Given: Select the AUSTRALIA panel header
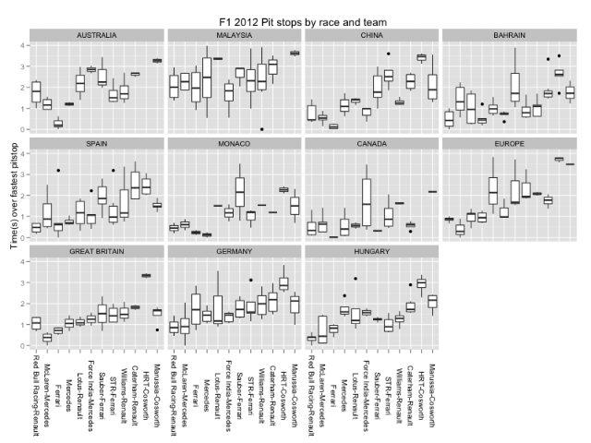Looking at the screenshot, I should point(96,35).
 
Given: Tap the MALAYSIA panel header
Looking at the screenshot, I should point(235,35).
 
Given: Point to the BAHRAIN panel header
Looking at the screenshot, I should point(511,35).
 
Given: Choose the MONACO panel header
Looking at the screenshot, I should point(235,143).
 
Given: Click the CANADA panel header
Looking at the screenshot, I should point(372,143).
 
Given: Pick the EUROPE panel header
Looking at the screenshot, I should point(511,143).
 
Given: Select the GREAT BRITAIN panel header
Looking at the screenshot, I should point(96,251).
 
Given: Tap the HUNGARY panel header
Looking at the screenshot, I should point(372,251).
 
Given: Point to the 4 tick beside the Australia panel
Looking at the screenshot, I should point(22,44).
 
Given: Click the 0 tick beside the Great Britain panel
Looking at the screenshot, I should point(22,346).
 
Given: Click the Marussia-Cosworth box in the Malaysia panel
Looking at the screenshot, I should point(295,53).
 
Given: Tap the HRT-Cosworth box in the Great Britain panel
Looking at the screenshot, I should point(146,275).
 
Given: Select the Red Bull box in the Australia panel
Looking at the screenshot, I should point(36,91).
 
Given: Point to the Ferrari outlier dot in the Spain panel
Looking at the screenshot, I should point(58,171).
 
